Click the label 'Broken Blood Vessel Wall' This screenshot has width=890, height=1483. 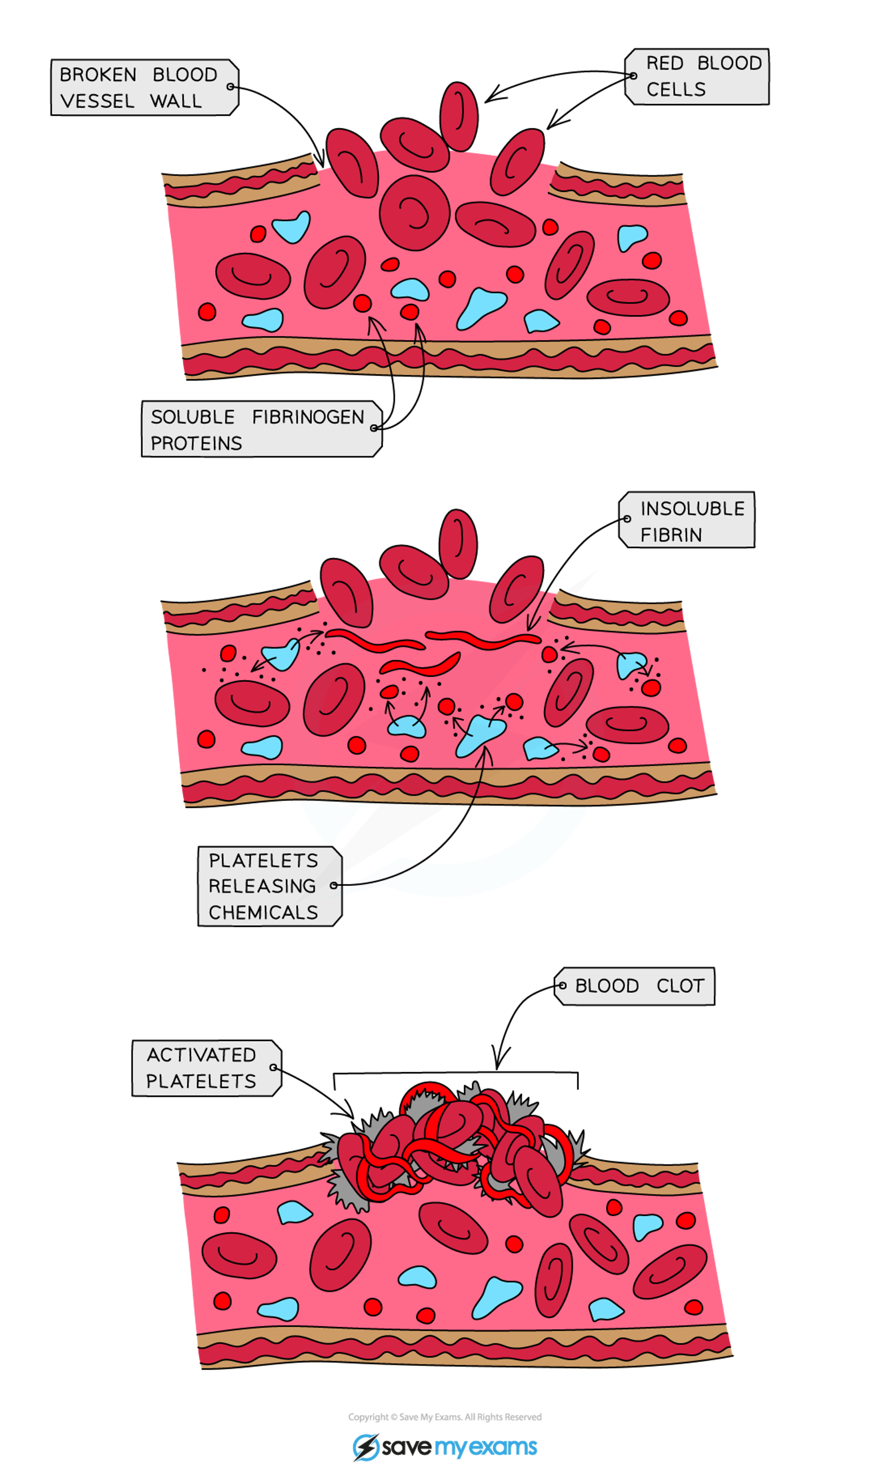tap(144, 88)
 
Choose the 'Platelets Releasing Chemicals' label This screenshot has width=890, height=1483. tap(269, 886)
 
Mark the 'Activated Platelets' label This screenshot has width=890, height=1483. tap(206, 1068)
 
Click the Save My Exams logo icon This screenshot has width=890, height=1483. tap(365, 1447)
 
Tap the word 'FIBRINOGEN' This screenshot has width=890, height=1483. tap(307, 417)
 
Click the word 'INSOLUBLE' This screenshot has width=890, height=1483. tap(692, 509)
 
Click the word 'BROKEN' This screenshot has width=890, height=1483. tap(98, 75)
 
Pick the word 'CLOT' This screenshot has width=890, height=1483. tap(680, 986)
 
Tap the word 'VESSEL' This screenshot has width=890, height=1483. tap(97, 102)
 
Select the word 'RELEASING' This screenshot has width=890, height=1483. tap(262, 886)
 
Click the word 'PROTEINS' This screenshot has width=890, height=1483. tap(196, 443)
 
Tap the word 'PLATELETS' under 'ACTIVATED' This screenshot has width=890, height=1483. tap(201, 1081)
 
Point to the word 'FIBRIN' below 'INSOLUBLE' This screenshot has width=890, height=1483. tap(671, 535)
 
